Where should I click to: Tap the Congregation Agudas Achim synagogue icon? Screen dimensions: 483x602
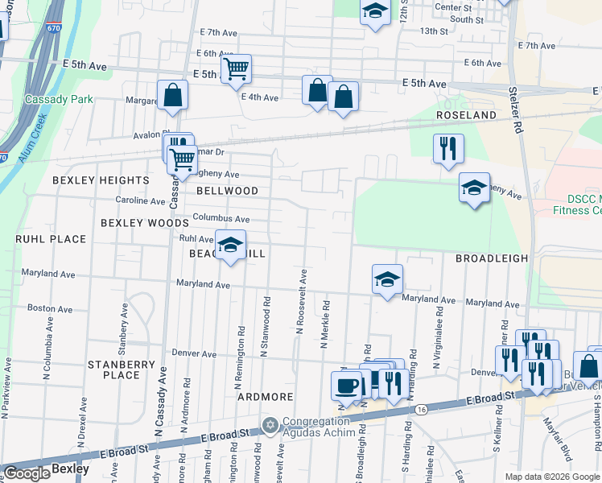[270, 424]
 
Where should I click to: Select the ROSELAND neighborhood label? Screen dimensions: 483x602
[466, 115]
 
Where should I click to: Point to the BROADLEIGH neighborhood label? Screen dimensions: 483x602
[492, 258]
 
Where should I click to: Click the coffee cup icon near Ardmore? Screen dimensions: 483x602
[347, 385]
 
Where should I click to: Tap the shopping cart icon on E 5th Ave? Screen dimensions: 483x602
[235, 69]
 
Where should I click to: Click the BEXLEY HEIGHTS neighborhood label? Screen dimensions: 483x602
[101, 180]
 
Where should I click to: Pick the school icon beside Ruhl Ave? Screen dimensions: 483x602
[231, 246]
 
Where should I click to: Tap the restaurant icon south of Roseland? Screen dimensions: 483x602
[448, 148]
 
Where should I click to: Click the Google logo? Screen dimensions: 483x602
[27, 473]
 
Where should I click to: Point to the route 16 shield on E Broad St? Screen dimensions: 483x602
[422, 410]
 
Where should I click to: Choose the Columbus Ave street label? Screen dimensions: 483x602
[221, 218]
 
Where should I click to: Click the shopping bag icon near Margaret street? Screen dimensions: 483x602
[173, 95]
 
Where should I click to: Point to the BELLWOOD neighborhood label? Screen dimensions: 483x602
[228, 191]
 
